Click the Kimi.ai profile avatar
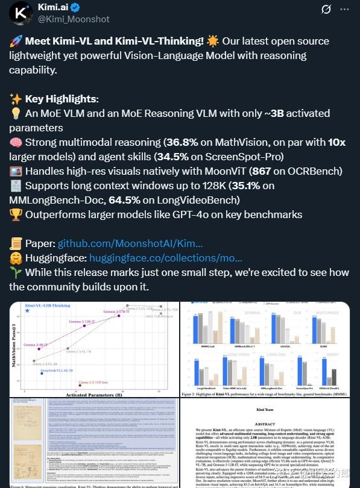tap(20, 13)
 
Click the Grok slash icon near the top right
tap(326, 9)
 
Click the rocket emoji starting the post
tap(16, 41)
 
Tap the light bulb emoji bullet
tap(16, 113)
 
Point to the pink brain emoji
tap(16, 142)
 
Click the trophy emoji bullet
tap(16, 214)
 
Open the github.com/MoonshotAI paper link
tap(130, 243)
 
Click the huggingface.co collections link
tap(157, 258)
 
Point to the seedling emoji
tap(16, 272)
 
